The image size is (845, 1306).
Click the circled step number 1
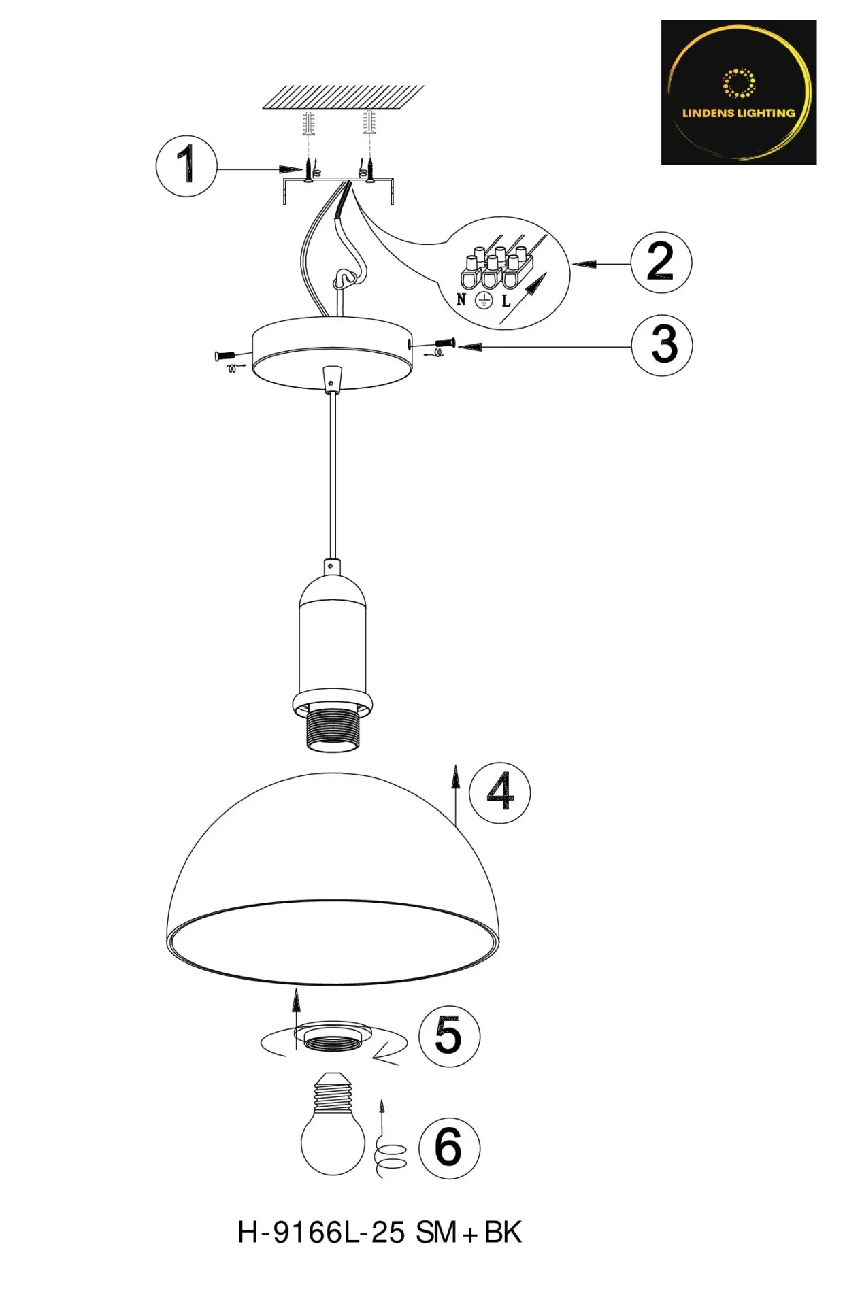coord(186,166)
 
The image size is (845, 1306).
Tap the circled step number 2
coord(661,263)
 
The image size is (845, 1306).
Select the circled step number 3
coord(662,346)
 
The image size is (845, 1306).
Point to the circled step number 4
coord(500,793)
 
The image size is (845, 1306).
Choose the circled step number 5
coord(449,1036)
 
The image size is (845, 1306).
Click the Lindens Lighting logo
coord(739,93)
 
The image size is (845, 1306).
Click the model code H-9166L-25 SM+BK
coord(380,1233)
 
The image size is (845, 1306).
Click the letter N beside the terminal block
coord(461,299)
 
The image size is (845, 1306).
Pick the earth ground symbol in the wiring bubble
coord(484,300)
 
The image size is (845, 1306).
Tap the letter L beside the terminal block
coord(506,301)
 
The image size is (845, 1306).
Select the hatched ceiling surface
coord(344,97)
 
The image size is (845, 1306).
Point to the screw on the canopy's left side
coord(225,355)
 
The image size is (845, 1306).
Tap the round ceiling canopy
coord(332,352)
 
